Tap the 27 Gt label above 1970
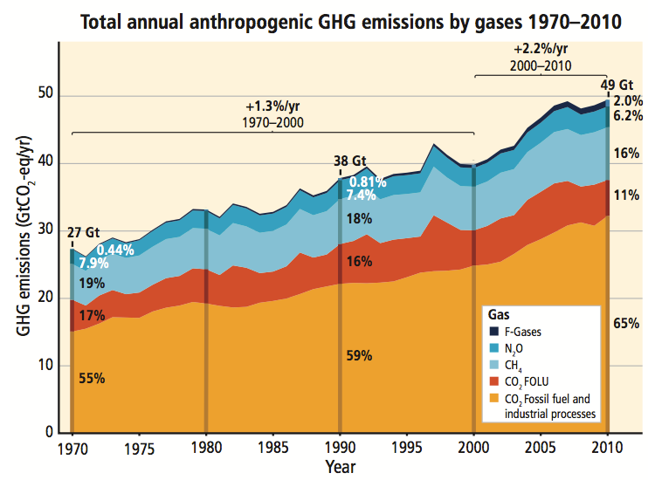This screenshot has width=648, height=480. (x=84, y=233)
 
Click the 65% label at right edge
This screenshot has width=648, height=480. (x=626, y=323)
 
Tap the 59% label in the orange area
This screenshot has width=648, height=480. (x=360, y=355)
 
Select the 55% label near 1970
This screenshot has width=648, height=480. (x=92, y=379)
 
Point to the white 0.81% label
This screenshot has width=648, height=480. (x=368, y=182)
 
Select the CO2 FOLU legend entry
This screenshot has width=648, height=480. (x=529, y=381)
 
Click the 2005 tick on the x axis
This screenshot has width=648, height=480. (x=541, y=450)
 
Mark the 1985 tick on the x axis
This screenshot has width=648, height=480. (x=273, y=450)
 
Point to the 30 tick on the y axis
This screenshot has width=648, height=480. (x=45, y=230)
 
